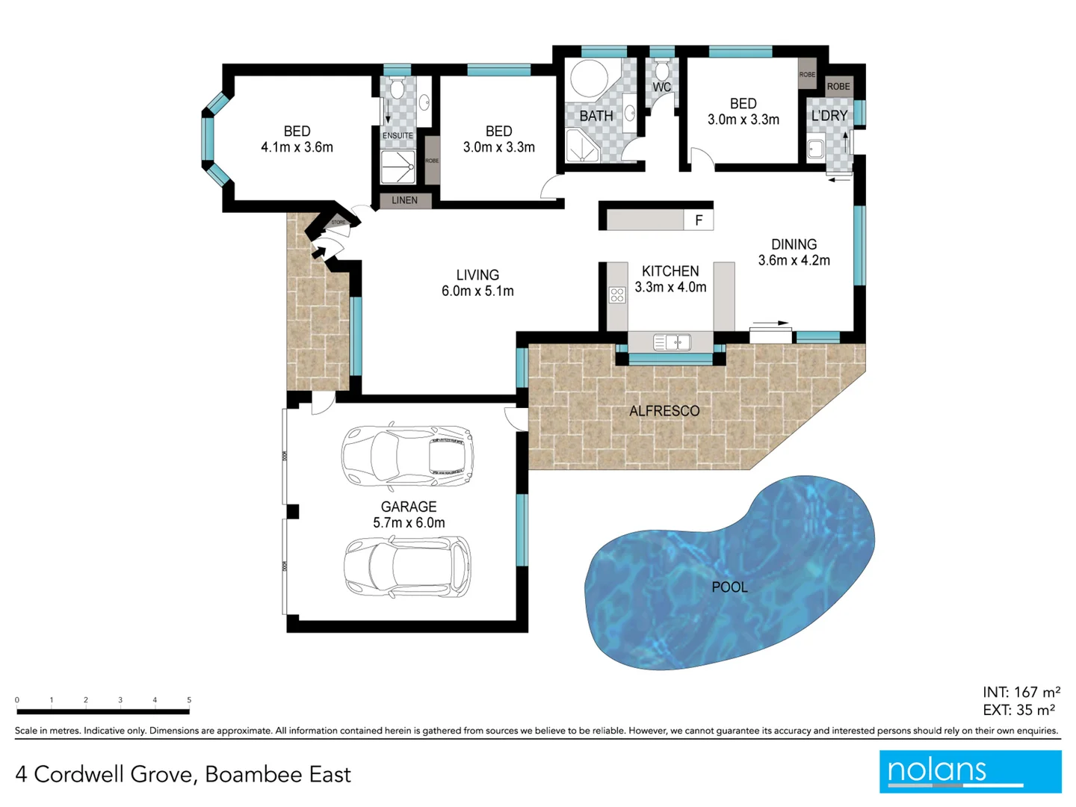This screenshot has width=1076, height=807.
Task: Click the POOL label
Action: (x=729, y=587)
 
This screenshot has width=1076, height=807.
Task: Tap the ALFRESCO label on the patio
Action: (x=664, y=411)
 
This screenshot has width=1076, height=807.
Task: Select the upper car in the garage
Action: (x=407, y=455)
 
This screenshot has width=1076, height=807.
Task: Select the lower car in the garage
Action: (x=407, y=566)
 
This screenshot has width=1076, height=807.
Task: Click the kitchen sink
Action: (x=672, y=342)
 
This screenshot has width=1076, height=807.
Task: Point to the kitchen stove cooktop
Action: (x=617, y=295)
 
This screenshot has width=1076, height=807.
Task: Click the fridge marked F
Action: (x=699, y=220)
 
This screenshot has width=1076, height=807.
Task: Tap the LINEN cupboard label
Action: (x=404, y=200)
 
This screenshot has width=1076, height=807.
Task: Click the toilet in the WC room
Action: (x=661, y=72)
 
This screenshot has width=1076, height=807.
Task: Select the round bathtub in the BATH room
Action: (x=590, y=78)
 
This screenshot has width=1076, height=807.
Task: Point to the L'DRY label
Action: (x=829, y=116)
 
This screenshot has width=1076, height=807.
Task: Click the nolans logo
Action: (x=970, y=771)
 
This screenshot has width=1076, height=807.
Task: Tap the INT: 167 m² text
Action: (x=1021, y=692)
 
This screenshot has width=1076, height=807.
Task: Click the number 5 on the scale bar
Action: (x=189, y=700)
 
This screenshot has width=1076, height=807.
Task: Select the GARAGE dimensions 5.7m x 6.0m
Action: (x=409, y=523)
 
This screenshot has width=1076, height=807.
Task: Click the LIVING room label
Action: (x=477, y=275)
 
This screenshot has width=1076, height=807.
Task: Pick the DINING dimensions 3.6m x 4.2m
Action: (x=794, y=260)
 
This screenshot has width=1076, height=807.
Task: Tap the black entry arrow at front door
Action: (x=318, y=253)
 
